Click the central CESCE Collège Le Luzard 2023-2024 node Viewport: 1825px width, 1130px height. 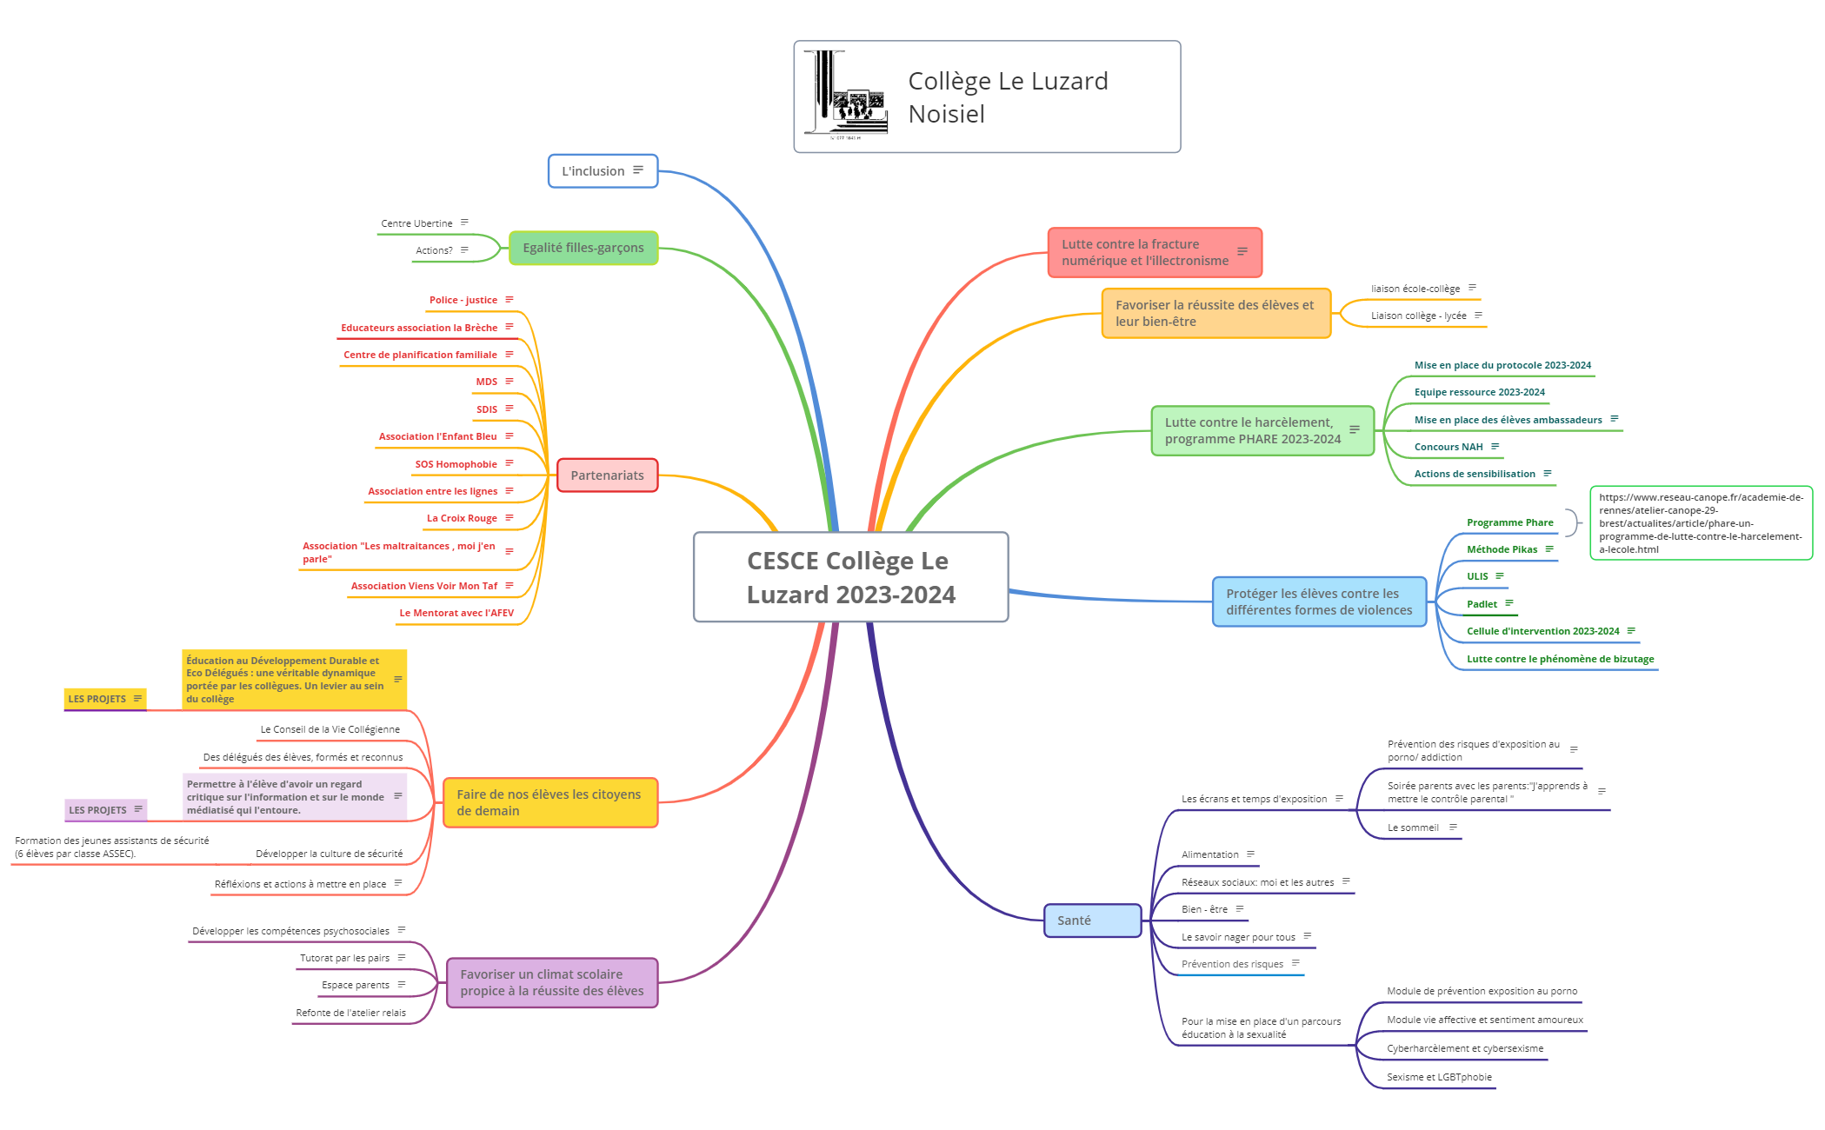[x=850, y=577]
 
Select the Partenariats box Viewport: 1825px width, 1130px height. [x=607, y=475]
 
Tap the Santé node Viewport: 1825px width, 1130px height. [x=1091, y=921]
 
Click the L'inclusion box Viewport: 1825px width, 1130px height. [x=602, y=171]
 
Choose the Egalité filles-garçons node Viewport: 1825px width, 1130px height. [x=583, y=248]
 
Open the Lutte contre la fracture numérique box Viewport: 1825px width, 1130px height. [x=1154, y=253]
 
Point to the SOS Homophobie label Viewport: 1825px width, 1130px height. [x=456, y=464]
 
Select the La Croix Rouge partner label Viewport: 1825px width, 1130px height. [x=462, y=518]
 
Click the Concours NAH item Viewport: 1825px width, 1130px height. [x=1448, y=447]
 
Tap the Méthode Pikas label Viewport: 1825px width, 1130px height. [x=1502, y=549]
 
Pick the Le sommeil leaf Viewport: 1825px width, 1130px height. [x=1413, y=828]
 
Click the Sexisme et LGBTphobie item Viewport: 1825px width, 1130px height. [x=1439, y=1077]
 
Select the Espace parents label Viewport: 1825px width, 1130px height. [x=356, y=985]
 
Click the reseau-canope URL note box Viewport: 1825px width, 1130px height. [x=1701, y=523]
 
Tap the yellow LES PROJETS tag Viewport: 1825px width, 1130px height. [x=97, y=699]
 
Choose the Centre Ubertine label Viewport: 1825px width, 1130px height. [x=416, y=223]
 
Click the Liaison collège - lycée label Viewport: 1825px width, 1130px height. [x=1418, y=316]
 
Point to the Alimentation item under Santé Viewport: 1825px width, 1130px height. [x=1209, y=854]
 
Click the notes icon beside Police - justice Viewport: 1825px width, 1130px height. [x=510, y=300]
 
